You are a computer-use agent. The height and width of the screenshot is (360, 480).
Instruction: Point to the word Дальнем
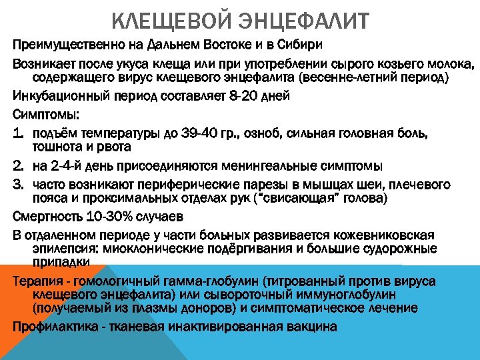point(185,45)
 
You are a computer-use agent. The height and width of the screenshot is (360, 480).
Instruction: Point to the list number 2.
point(18,165)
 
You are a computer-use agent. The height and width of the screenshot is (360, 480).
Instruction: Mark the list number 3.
point(18,185)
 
